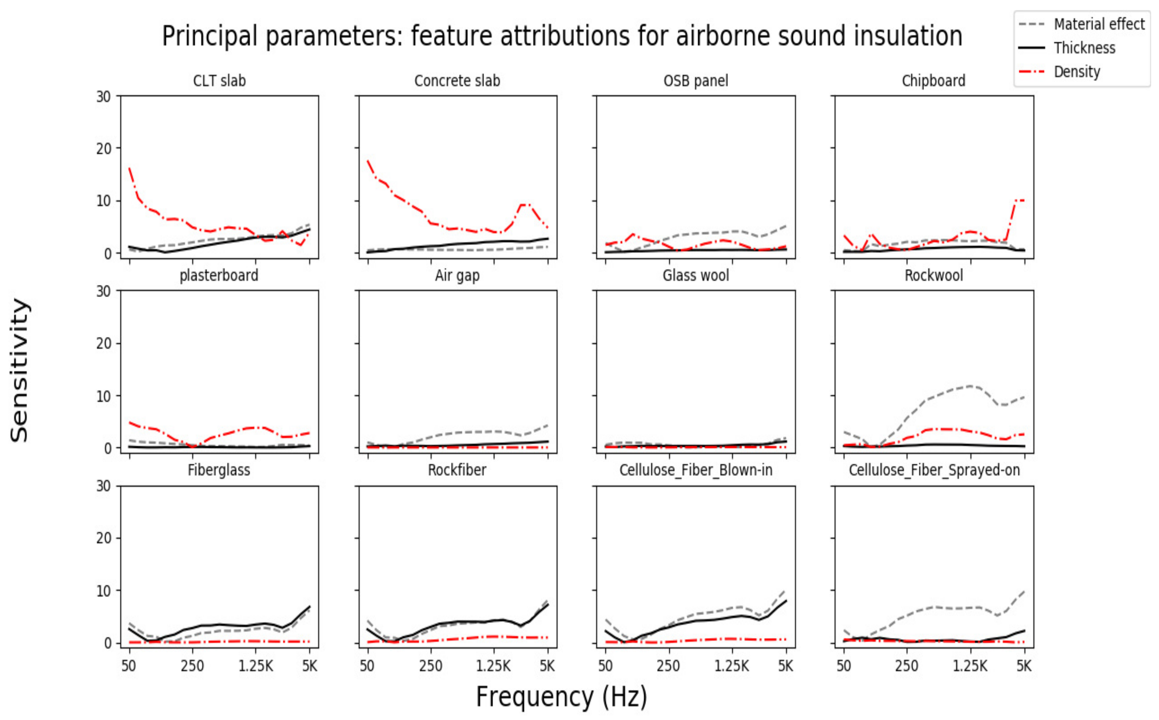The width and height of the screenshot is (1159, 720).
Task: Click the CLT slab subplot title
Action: coord(219,81)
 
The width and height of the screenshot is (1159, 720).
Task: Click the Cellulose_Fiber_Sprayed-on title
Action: coord(934,470)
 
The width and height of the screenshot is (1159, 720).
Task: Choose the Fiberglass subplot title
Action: coord(219,470)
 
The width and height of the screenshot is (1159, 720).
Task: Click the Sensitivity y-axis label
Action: coord(20,370)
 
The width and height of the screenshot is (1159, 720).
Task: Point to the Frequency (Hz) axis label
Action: coord(561,696)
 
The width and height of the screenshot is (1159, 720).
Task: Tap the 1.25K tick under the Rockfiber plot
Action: coord(493,666)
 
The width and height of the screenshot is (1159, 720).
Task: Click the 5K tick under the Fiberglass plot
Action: coord(309,666)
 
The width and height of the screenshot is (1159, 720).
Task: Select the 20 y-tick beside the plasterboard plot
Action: coord(104,343)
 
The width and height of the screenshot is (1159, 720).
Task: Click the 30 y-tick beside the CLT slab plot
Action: coord(104,97)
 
